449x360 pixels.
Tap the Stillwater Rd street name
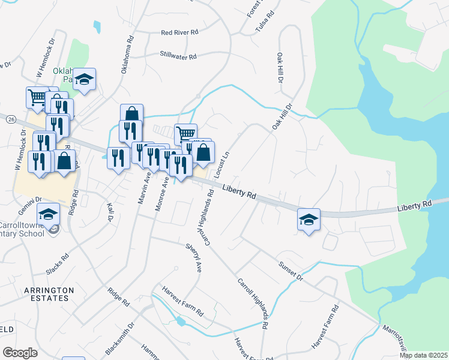(x=178, y=57)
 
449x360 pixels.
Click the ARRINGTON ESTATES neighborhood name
(x=49, y=295)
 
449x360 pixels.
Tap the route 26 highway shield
(x=11, y=120)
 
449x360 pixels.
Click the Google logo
(x=20, y=353)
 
